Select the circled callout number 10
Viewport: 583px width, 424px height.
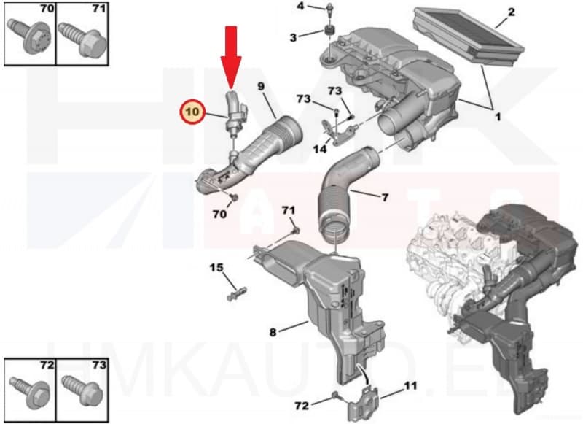[193, 113]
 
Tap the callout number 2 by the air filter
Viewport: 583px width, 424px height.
[511, 12]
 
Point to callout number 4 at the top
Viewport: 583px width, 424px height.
[300, 7]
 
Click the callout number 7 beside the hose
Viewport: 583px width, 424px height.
[385, 197]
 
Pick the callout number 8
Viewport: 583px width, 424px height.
[273, 332]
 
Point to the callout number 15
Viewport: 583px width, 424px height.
[216, 268]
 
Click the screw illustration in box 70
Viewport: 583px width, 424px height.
[28, 36]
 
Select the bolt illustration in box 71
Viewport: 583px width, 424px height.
[79, 36]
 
